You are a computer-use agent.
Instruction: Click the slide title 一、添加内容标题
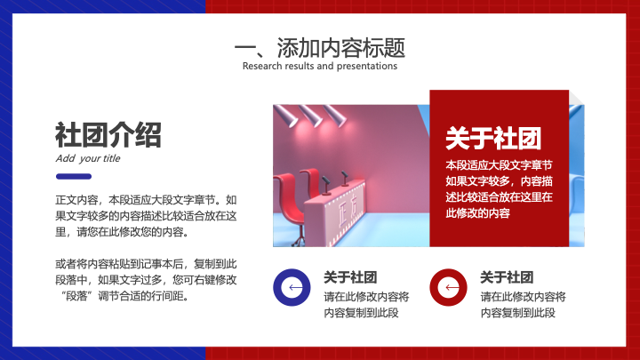point(320,48)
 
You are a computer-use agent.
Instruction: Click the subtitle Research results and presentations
point(320,66)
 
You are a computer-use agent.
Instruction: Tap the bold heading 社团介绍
point(108,135)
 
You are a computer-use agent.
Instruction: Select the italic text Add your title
point(88,158)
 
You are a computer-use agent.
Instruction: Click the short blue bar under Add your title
point(74,176)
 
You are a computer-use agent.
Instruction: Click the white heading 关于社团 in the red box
point(493,139)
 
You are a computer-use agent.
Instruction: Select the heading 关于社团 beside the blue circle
point(350,277)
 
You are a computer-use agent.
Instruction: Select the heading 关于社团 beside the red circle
point(507,277)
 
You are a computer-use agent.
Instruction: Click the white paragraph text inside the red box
point(499,189)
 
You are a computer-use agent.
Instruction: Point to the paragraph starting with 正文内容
point(146,216)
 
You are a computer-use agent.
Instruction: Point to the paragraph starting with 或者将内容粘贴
point(146,280)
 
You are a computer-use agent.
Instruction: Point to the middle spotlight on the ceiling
point(310,115)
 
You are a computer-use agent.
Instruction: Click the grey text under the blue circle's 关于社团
point(366,305)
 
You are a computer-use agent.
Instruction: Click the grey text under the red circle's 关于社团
point(523,305)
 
